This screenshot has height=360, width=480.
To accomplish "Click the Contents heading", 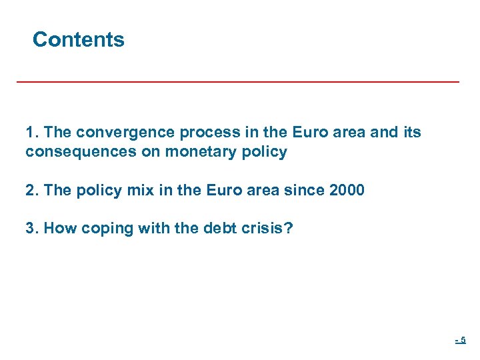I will [78, 40].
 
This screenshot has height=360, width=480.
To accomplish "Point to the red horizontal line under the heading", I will [238, 81].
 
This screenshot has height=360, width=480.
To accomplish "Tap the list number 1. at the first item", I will [31, 133].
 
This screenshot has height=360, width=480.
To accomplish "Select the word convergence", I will [117, 133].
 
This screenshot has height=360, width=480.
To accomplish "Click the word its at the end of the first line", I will [412, 133].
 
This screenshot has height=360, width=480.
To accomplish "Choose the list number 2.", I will [31, 190].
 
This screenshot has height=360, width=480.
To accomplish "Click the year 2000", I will [347, 190].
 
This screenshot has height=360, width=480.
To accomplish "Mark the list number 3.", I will [31, 228].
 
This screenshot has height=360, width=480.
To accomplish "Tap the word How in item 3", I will [61, 228].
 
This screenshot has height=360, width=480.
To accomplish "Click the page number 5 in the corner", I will [463, 341].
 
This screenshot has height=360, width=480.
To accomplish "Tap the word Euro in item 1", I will [285, 133].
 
